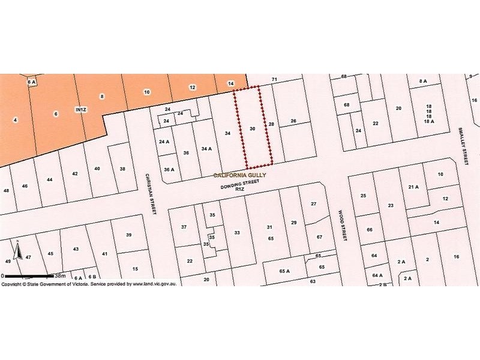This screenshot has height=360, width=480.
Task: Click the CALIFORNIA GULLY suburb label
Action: (240, 175)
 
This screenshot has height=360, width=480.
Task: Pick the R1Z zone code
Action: (239, 190)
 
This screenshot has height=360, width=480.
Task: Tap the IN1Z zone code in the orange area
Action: (80, 110)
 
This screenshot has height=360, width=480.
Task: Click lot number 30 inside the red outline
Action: (253, 129)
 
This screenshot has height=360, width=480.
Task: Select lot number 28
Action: (271, 124)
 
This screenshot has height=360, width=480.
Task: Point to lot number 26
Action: (293, 121)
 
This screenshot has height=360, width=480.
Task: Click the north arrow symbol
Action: (19, 250)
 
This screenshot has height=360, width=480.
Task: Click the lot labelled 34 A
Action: (206, 148)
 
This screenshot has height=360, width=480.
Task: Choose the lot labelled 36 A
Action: (169, 170)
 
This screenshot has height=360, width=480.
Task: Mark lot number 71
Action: (275, 80)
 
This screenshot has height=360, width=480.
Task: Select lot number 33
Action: (237, 233)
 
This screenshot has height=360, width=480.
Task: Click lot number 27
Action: (313, 204)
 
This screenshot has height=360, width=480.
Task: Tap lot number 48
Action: (7, 191)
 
